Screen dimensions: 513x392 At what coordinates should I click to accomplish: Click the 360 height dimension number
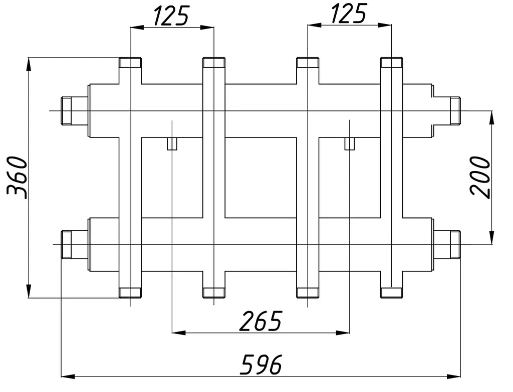[x=17, y=177]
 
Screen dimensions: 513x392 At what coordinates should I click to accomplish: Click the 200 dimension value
[x=480, y=177]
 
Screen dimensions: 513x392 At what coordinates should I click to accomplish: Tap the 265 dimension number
[x=261, y=321]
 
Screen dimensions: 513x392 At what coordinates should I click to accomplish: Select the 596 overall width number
[x=261, y=364]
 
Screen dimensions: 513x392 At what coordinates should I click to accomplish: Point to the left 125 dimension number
[x=171, y=15]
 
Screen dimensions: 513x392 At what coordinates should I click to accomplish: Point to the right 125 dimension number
[x=349, y=13]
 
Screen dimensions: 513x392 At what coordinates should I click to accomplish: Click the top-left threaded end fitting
[x=67, y=110]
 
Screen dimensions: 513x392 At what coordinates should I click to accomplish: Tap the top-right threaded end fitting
[x=455, y=110]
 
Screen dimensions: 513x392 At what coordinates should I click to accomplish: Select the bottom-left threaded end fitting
[x=67, y=244]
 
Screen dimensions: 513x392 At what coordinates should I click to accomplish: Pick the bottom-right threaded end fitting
[x=455, y=244]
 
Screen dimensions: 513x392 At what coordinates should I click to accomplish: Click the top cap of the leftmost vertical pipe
[x=130, y=62]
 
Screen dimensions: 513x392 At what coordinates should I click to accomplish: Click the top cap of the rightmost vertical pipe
[x=391, y=62]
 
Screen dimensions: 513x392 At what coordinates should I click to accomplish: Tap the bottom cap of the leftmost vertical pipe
[x=130, y=292]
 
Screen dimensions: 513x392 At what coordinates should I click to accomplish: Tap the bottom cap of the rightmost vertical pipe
[x=391, y=292]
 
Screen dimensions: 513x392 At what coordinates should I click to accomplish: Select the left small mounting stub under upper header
[x=172, y=143]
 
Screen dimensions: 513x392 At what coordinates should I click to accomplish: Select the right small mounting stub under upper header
[x=350, y=143]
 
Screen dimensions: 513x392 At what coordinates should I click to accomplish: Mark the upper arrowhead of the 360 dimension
[x=29, y=64]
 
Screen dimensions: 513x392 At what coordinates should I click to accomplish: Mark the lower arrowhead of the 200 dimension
[x=491, y=238]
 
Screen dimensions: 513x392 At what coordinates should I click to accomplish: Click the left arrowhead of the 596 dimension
[x=68, y=376]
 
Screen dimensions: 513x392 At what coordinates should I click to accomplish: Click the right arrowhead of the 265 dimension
[x=343, y=333]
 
